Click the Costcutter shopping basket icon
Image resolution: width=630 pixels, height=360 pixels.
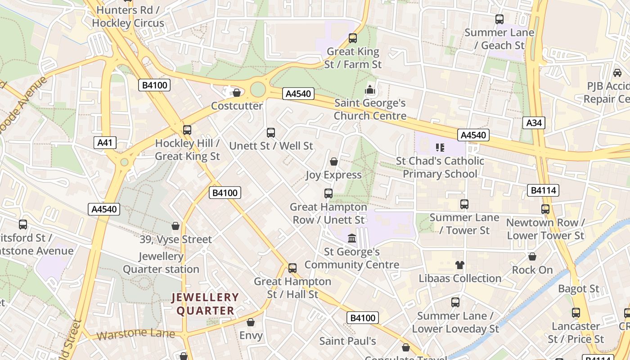pyautogui.click(x=236, y=93)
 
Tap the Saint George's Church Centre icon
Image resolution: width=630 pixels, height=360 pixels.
pyautogui.click(x=370, y=90)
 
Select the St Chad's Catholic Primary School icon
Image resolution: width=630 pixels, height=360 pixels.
pyautogui.click(x=440, y=147)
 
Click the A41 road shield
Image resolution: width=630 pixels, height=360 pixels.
pyautogui.click(x=105, y=143)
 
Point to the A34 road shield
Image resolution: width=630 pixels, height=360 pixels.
pyautogui.click(x=534, y=123)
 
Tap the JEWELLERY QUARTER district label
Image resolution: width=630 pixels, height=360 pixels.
pyautogui.click(x=205, y=304)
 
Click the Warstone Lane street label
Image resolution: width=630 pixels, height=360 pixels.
pyautogui.click(x=135, y=334)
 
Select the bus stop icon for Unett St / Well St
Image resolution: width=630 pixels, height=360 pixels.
pyautogui.click(x=270, y=133)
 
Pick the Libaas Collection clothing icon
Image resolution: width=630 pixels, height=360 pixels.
pyautogui.click(x=459, y=265)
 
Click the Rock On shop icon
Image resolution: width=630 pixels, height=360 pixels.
pyautogui.click(x=532, y=256)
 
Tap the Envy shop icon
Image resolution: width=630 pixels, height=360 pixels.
pyautogui.click(x=251, y=322)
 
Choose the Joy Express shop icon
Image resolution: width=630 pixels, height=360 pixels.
pyautogui.click(x=334, y=162)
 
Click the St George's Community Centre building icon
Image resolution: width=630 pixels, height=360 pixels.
pyautogui.click(x=352, y=238)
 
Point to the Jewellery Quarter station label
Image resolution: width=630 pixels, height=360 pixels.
pyautogui.click(x=161, y=263)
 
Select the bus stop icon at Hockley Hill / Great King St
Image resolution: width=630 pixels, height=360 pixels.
pyautogui.click(x=187, y=130)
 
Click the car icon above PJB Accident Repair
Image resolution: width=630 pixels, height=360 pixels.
pyautogui.click(x=617, y=72)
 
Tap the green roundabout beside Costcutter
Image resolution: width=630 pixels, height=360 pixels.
pyautogui.click(x=257, y=89)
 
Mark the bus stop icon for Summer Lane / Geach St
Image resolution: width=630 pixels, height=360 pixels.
pyautogui.click(x=499, y=19)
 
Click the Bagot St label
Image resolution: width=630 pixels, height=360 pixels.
pyautogui.click(x=579, y=288)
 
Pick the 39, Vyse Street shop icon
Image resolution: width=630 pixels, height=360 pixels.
pyautogui.click(x=175, y=226)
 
